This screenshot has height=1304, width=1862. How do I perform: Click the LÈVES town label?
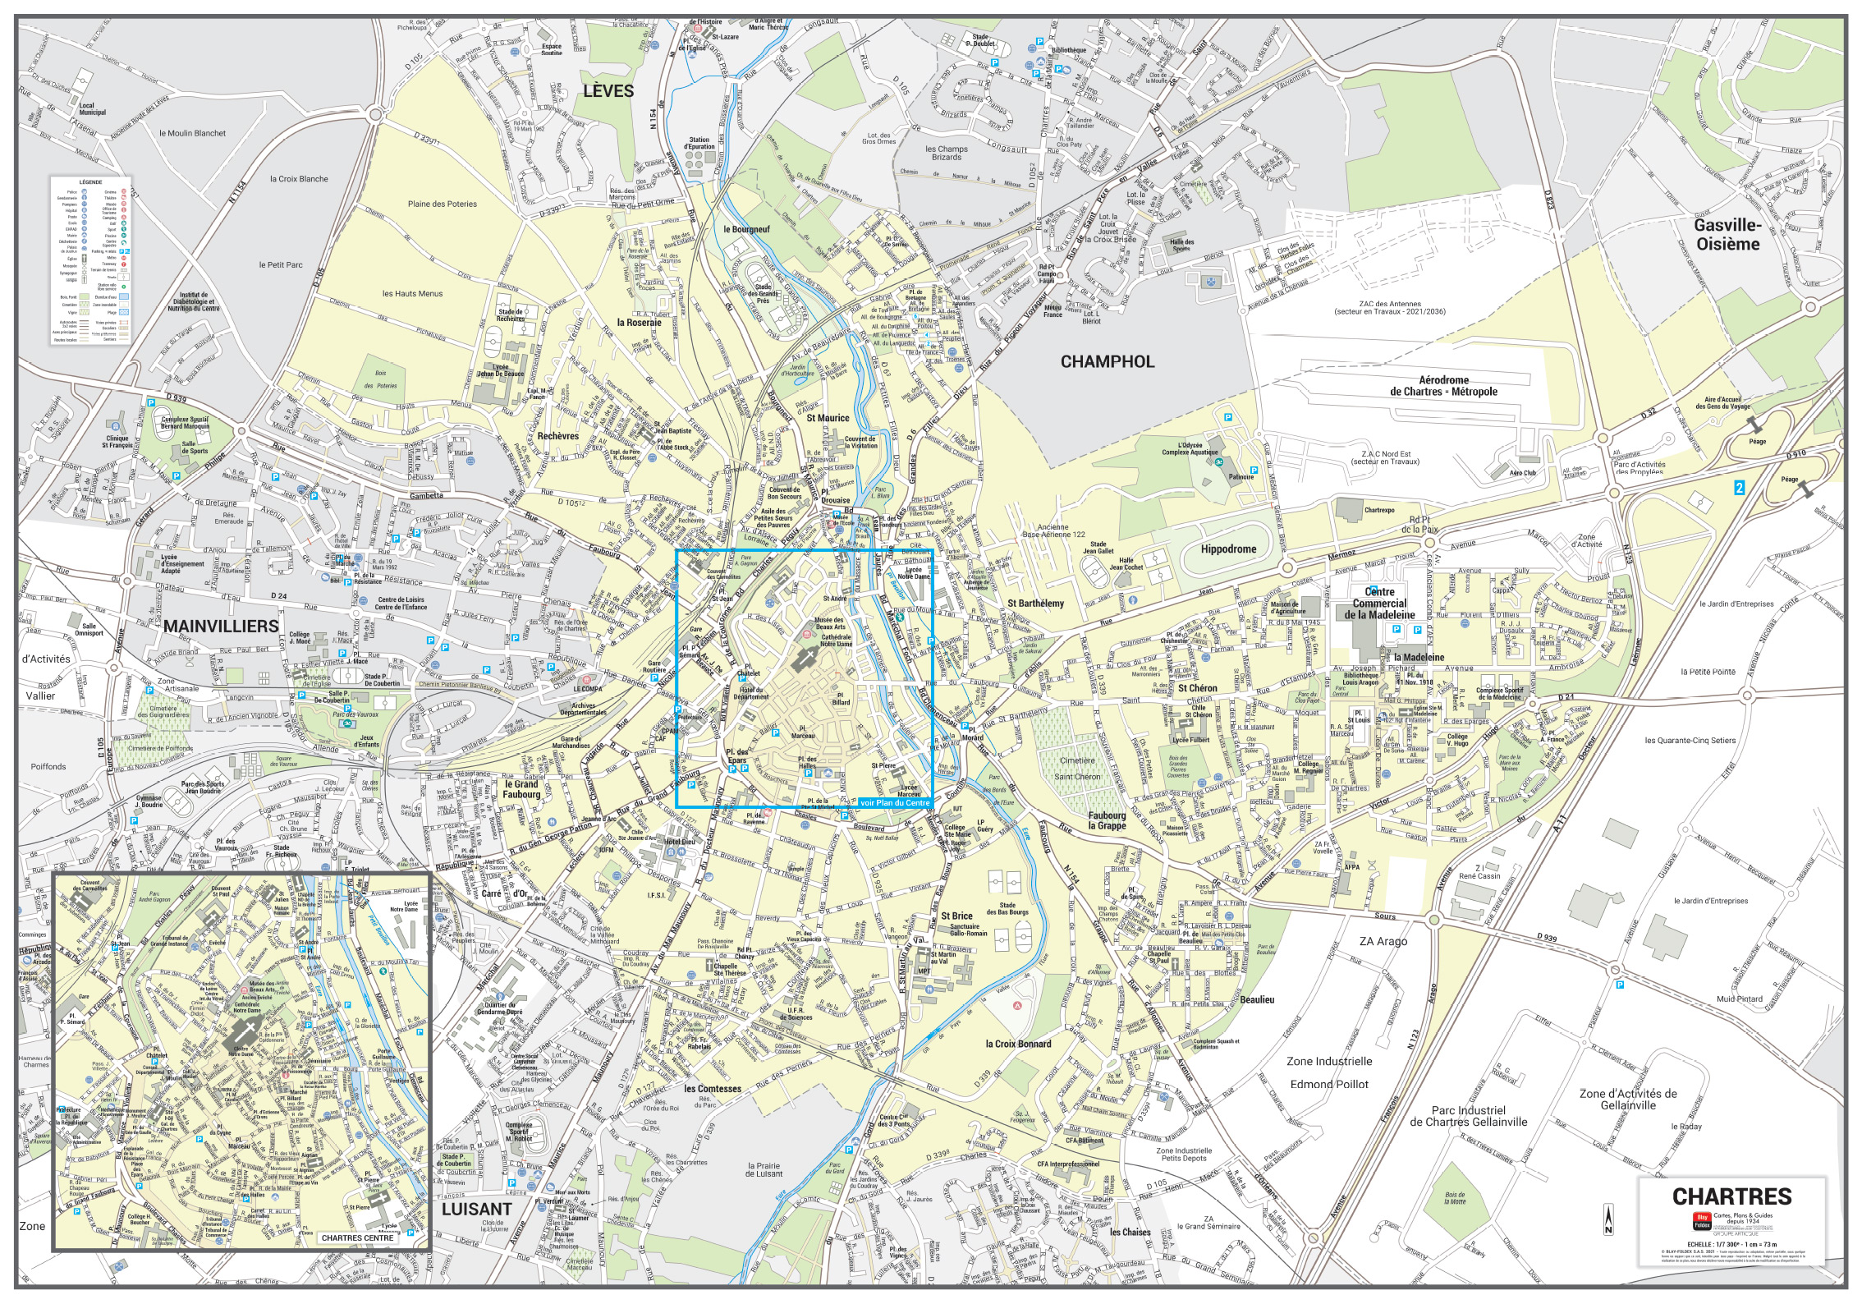coord(608,91)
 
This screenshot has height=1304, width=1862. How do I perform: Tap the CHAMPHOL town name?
coord(1107,361)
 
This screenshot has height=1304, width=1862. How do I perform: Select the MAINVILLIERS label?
coord(222,626)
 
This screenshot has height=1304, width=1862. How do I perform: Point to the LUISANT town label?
coord(477,1209)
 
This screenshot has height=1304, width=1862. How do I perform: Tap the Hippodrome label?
coord(1228,549)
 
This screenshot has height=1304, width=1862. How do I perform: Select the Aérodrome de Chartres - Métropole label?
coord(1443,386)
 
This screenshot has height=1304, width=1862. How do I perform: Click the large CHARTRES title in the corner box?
coord(1731,1196)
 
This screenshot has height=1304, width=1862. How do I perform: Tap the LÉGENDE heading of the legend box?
coord(90,181)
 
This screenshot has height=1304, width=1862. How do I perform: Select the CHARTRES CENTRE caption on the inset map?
coord(358,1237)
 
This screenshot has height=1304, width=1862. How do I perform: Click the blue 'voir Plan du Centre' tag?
coord(895,802)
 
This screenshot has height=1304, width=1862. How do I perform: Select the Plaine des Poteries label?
coord(442,204)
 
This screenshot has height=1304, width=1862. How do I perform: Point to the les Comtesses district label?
coord(713,1089)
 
